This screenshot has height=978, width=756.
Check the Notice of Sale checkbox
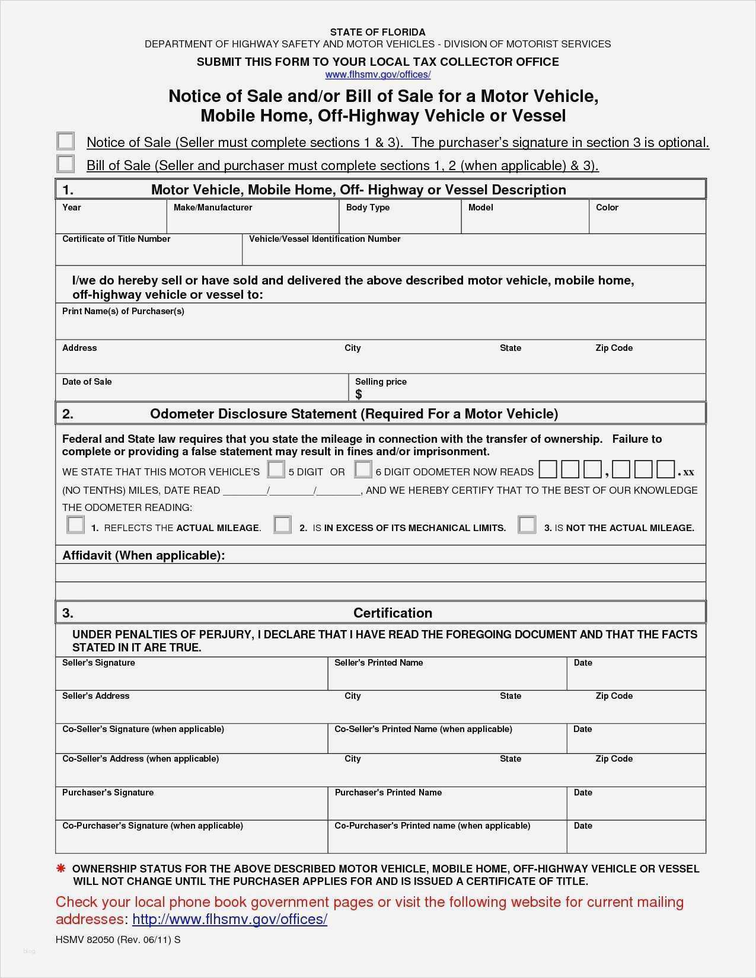(65, 141)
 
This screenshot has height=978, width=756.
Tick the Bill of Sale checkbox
(65, 164)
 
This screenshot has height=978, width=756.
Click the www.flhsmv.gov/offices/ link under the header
(378, 75)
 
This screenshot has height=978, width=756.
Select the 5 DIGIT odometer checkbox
(276, 470)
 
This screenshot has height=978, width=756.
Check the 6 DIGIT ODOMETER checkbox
(363, 470)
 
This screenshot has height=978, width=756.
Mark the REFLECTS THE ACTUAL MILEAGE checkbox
(76, 525)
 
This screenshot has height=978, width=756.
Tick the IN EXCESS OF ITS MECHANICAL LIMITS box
(282, 525)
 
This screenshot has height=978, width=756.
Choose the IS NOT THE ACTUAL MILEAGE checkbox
(527, 525)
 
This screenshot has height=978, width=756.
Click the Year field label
(72, 207)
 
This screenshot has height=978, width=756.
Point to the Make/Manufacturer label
(213, 207)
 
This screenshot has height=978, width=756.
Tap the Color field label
(607, 207)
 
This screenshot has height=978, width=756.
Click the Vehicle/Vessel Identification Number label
(324, 239)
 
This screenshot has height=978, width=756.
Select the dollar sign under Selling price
(359, 395)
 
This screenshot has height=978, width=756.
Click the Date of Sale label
(87, 382)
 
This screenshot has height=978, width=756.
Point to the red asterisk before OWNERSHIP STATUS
(60, 869)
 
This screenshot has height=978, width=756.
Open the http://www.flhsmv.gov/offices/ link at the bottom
(229, 919)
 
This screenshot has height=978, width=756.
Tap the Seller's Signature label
(98, 663)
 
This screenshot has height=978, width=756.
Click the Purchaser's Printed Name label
(388, 792)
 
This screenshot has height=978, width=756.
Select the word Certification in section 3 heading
(393, 613)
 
